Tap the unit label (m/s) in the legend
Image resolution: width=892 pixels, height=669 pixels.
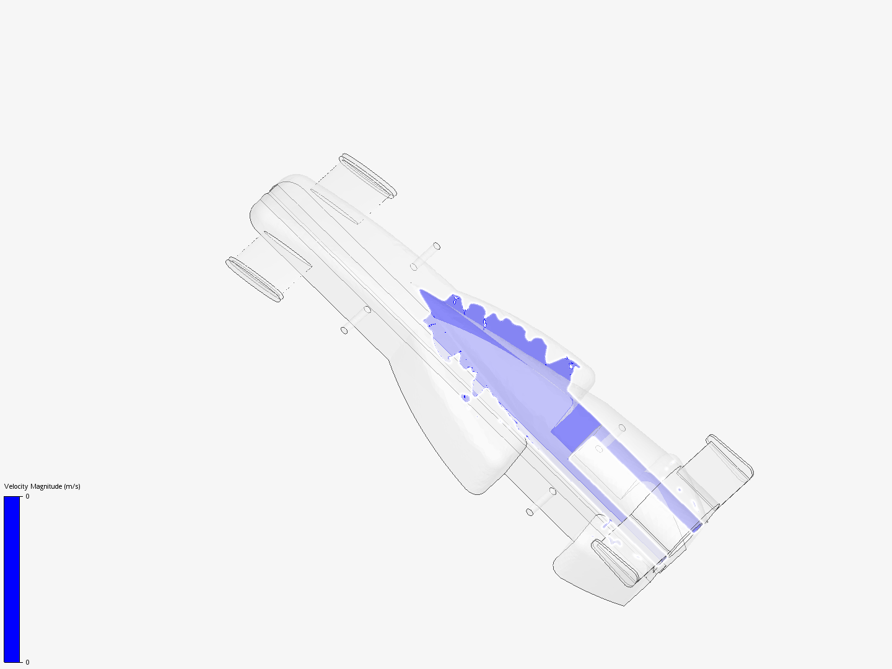click(x=72, y=486)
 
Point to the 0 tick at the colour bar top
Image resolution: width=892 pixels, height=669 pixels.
click(x=27, y=497)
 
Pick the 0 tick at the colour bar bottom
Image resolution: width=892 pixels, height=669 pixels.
click(x=27, y=662)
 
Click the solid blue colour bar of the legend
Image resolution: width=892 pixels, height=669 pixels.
click(x=12, y=579)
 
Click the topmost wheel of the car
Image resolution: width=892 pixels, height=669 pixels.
click(x=367, y=176)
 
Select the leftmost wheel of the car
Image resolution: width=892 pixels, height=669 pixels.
click(x=254, y=279)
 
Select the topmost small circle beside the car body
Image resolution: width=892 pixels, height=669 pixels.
click(x=437, y=246)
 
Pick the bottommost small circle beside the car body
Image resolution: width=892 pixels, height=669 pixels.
click(x=530, y=512)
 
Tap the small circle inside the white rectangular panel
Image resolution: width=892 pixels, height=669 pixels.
click(x=599, y=448)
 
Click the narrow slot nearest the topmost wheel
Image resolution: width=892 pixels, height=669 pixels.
click(x=335, y=207)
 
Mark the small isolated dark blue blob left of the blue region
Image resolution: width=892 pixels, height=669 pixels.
click(x=465, y=397)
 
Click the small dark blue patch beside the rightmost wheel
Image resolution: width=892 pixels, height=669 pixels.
click(x=697, y=527)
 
